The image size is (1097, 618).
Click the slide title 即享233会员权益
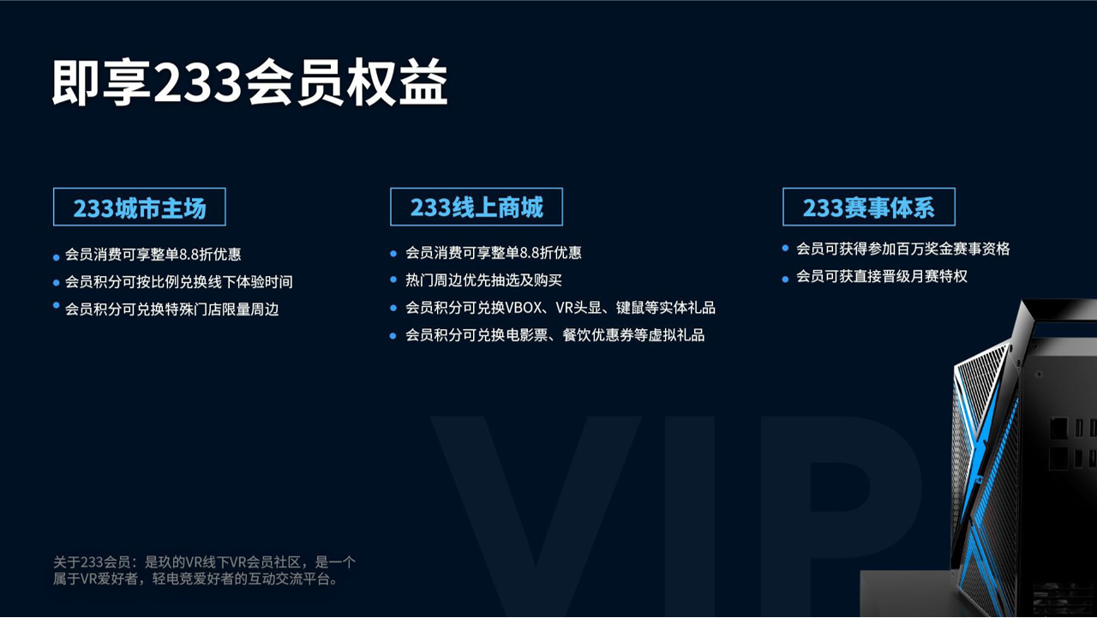(x=249, y=82)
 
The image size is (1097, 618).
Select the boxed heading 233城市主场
(x=140, y=207)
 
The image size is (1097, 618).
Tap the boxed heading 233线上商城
(x=477, y=207)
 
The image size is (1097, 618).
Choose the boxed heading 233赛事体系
(x=869, y=207)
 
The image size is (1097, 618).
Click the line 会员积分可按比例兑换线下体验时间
(x=179, y=282)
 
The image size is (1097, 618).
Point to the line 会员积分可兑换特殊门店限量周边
(x=172, y=309)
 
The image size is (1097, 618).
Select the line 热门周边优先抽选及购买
(x=483, y=279)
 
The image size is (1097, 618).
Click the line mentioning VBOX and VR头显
(x=560, y=308)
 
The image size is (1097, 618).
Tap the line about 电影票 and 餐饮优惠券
(x=554, y=335)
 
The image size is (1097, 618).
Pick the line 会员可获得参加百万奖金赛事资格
(x=903, y=249)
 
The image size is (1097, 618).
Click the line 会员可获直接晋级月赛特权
(x=882, y=276)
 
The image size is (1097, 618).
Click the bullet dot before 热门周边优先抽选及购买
(x=393, y=279)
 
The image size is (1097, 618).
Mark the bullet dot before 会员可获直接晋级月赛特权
(x=786, y=279)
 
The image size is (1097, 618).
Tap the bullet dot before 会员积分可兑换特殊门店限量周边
(x=57, y=306)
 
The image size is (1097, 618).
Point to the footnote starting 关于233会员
(x=204, y=571)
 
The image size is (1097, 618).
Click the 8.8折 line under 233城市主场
(x=153, y=255)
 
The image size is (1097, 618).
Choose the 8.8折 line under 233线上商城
(x=493, y=253)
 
